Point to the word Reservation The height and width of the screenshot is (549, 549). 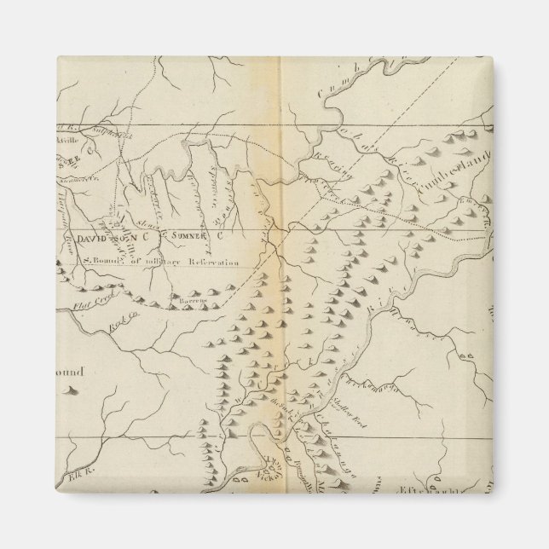tap(209, 265)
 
